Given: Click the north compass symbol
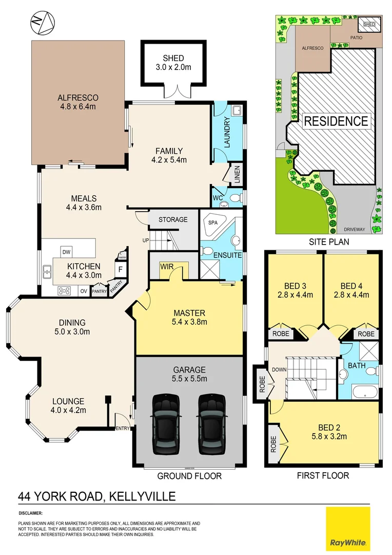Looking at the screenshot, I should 40,24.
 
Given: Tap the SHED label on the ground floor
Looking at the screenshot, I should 173,58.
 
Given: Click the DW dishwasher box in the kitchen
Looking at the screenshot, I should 66,252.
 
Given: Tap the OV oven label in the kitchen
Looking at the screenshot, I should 83,291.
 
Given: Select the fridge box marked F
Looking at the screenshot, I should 120,269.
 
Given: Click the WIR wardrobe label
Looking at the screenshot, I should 166,267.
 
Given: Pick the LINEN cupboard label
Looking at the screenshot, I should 237,174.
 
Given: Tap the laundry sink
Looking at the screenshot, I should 238,111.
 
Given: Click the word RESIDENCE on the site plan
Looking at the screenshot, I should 336,121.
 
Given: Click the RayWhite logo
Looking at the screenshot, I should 348,529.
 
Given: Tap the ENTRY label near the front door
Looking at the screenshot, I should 123,428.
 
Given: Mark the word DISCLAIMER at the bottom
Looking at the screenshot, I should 31,513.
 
